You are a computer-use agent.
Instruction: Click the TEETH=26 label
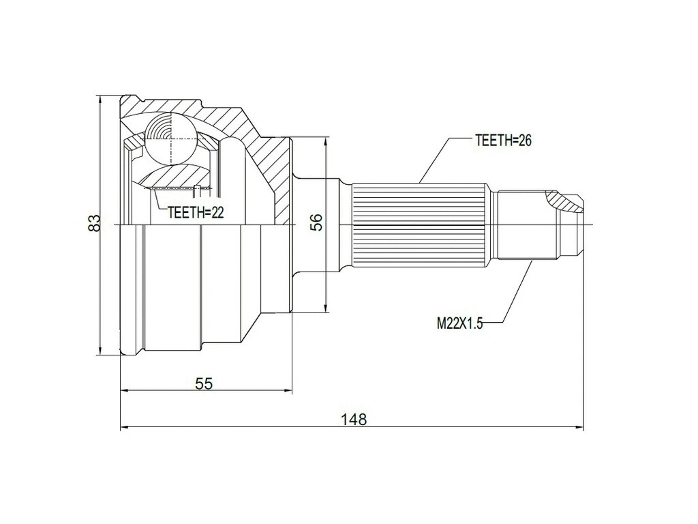(x=502, y=141)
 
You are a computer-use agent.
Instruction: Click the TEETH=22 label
(x=196, y=213)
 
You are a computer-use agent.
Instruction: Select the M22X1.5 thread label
(x=459, y=324)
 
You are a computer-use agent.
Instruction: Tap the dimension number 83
(x=95, y=223)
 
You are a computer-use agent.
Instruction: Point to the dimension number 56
(x=316, y=223)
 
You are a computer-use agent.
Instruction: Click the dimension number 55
(x=204, y=383)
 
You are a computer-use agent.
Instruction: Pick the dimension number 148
(x=354, y=420)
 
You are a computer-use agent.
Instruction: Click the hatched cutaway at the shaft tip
(x=565, y=200)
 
